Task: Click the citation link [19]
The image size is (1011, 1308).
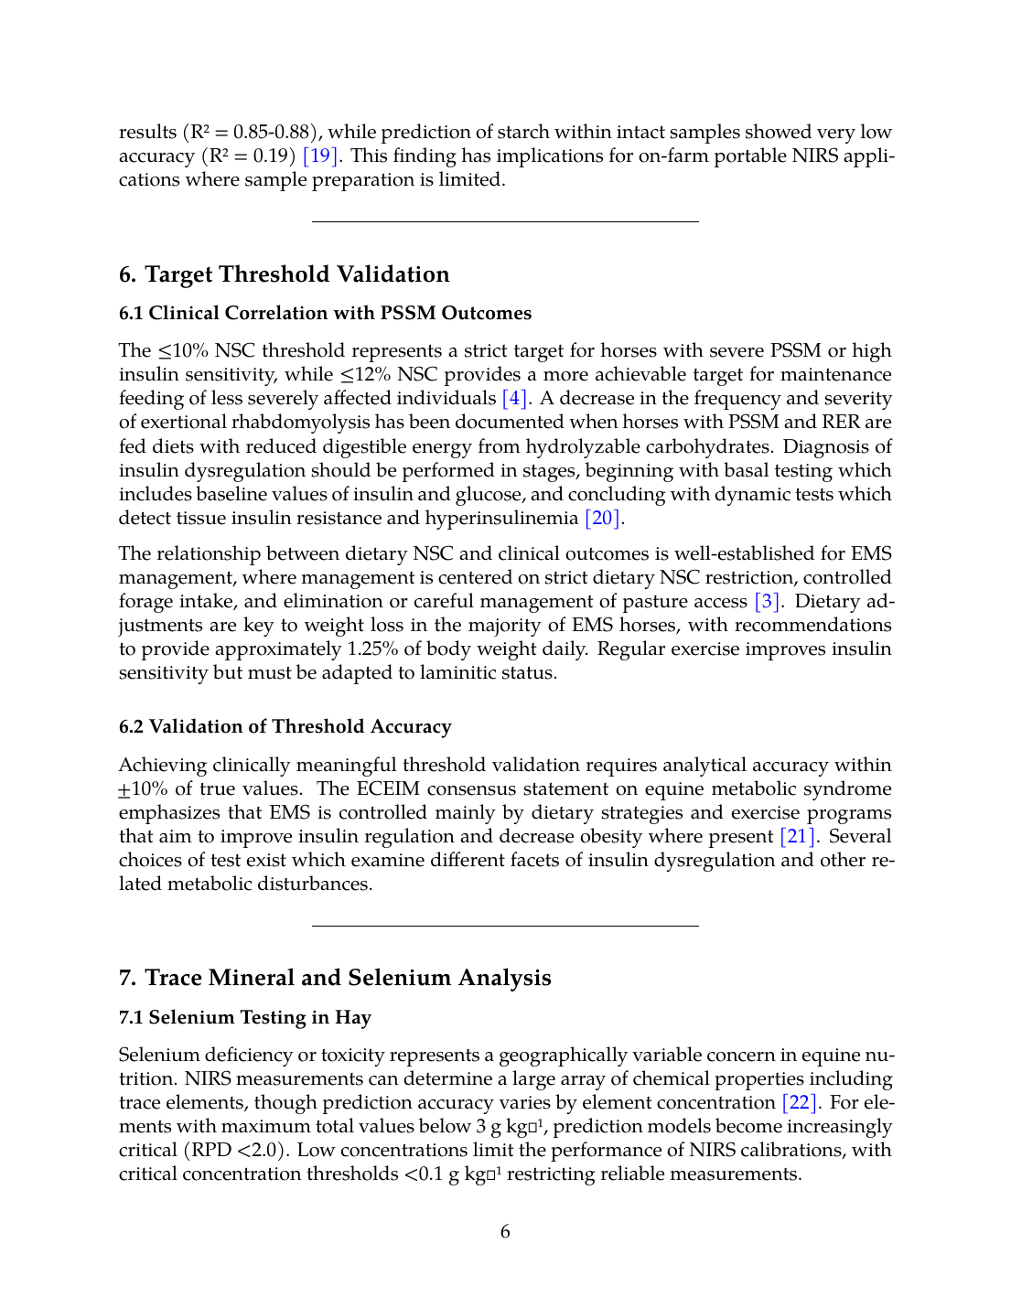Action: (320, 156)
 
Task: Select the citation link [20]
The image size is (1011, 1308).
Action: (604, 519)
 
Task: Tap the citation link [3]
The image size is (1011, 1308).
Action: (767, 602)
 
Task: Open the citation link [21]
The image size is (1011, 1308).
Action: (797, 837)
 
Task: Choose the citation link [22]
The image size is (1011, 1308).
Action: (801, 1103)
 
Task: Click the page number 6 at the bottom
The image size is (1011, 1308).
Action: (505, 1232)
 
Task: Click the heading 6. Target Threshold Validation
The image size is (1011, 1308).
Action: (284, 274)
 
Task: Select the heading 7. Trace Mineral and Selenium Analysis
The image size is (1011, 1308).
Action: (335, 978)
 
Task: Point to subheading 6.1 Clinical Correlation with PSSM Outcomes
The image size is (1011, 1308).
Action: (325, 314)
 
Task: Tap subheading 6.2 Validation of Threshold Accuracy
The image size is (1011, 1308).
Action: (285, 727)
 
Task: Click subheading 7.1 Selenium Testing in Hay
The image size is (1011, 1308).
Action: (244, 1018)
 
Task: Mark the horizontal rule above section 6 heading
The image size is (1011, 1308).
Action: (505, 222)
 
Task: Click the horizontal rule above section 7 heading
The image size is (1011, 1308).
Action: (505, 927)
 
